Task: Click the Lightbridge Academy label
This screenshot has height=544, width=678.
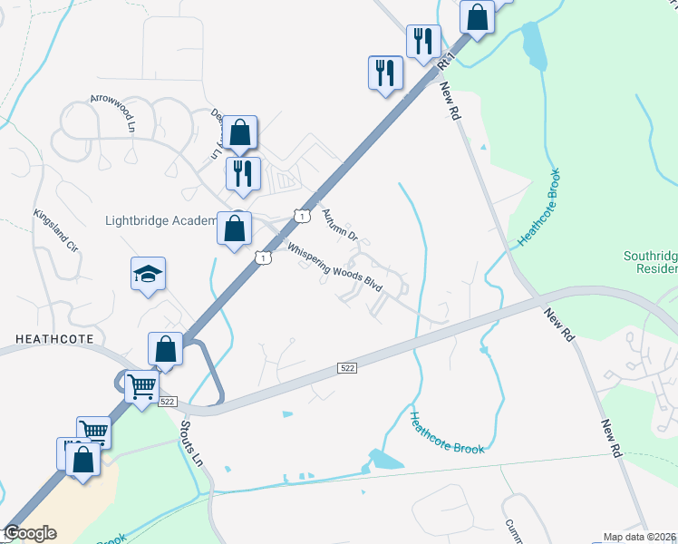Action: click(160, 220)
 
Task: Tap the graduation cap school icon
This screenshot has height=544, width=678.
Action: click(148, 274)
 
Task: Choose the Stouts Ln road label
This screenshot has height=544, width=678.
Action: click(190, 441)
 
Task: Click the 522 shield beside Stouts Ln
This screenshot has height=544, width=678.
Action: click(167, 401)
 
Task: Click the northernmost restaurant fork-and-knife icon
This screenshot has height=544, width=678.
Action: click(423, 42)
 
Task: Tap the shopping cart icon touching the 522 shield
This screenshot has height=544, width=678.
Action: click(141, 388)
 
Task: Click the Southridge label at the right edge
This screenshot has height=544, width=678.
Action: click(650, 257)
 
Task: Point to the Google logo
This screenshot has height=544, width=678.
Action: click(30, 533)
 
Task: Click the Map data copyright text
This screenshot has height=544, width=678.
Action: click(638, 537)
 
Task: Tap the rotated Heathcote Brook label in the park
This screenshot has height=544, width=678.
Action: click(540, 208)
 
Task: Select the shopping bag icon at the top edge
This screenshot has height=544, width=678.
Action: click(477, 15)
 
